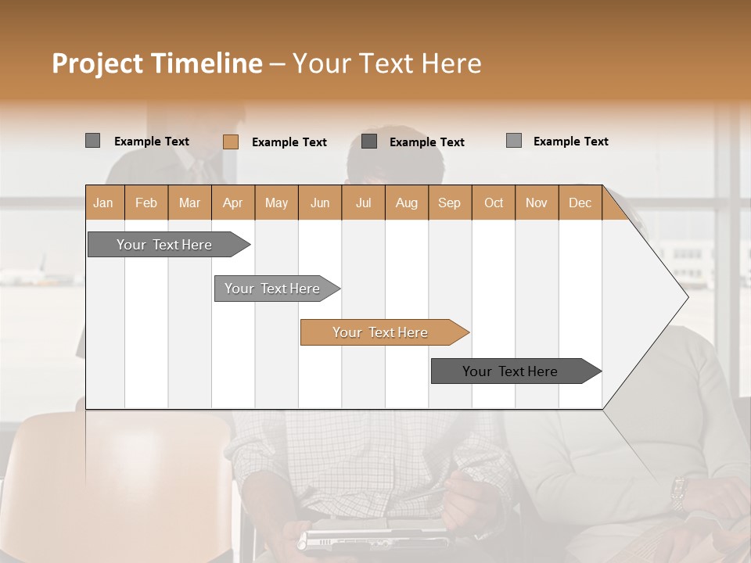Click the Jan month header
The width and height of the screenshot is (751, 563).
[103, 203]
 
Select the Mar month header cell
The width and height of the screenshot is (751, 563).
[189, 203]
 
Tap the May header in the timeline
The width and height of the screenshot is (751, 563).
[276, 203]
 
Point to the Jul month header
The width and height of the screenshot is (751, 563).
[363, 203]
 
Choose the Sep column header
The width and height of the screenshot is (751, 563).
[449, 203]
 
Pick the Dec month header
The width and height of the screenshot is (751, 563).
[580, 203]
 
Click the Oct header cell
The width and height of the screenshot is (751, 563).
[494, 203]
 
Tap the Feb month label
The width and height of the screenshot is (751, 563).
[146, 203]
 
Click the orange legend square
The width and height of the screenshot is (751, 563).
[231, 142]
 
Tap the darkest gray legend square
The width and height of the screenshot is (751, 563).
[369, 142]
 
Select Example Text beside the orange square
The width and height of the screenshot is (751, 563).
[289, 142]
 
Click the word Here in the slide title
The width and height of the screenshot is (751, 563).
[451, 63]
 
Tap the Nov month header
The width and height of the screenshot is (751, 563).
[537, 203]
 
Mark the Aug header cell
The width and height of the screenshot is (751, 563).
[406, 203]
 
